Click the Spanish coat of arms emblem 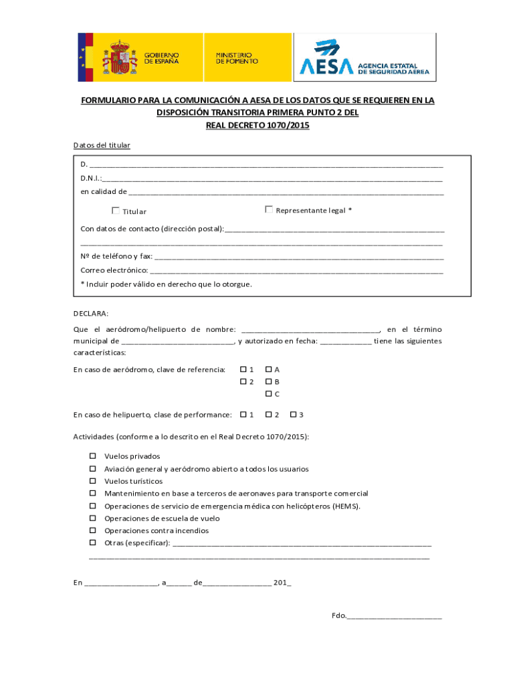tap(118, 58)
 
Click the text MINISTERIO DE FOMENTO tap(233, 58)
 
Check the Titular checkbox tap(116, 211)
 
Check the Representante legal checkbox tap(269, 209)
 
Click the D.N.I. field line tap(272, 179)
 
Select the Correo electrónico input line tap(296, 271)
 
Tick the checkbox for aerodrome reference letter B tap(268, 382)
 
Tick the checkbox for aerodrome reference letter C tap(268, 394)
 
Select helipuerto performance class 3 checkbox tap(293, 415)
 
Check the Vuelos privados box tap(93, 456)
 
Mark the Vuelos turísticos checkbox tap(93, 481)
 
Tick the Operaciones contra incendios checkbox tap(93, 530)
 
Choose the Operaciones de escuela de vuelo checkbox tap(93, 518)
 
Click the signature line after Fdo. tap(394, 616)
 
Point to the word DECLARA tap(90, 313)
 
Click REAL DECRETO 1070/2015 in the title tap(257, 125)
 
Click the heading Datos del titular tap(102, 145)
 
